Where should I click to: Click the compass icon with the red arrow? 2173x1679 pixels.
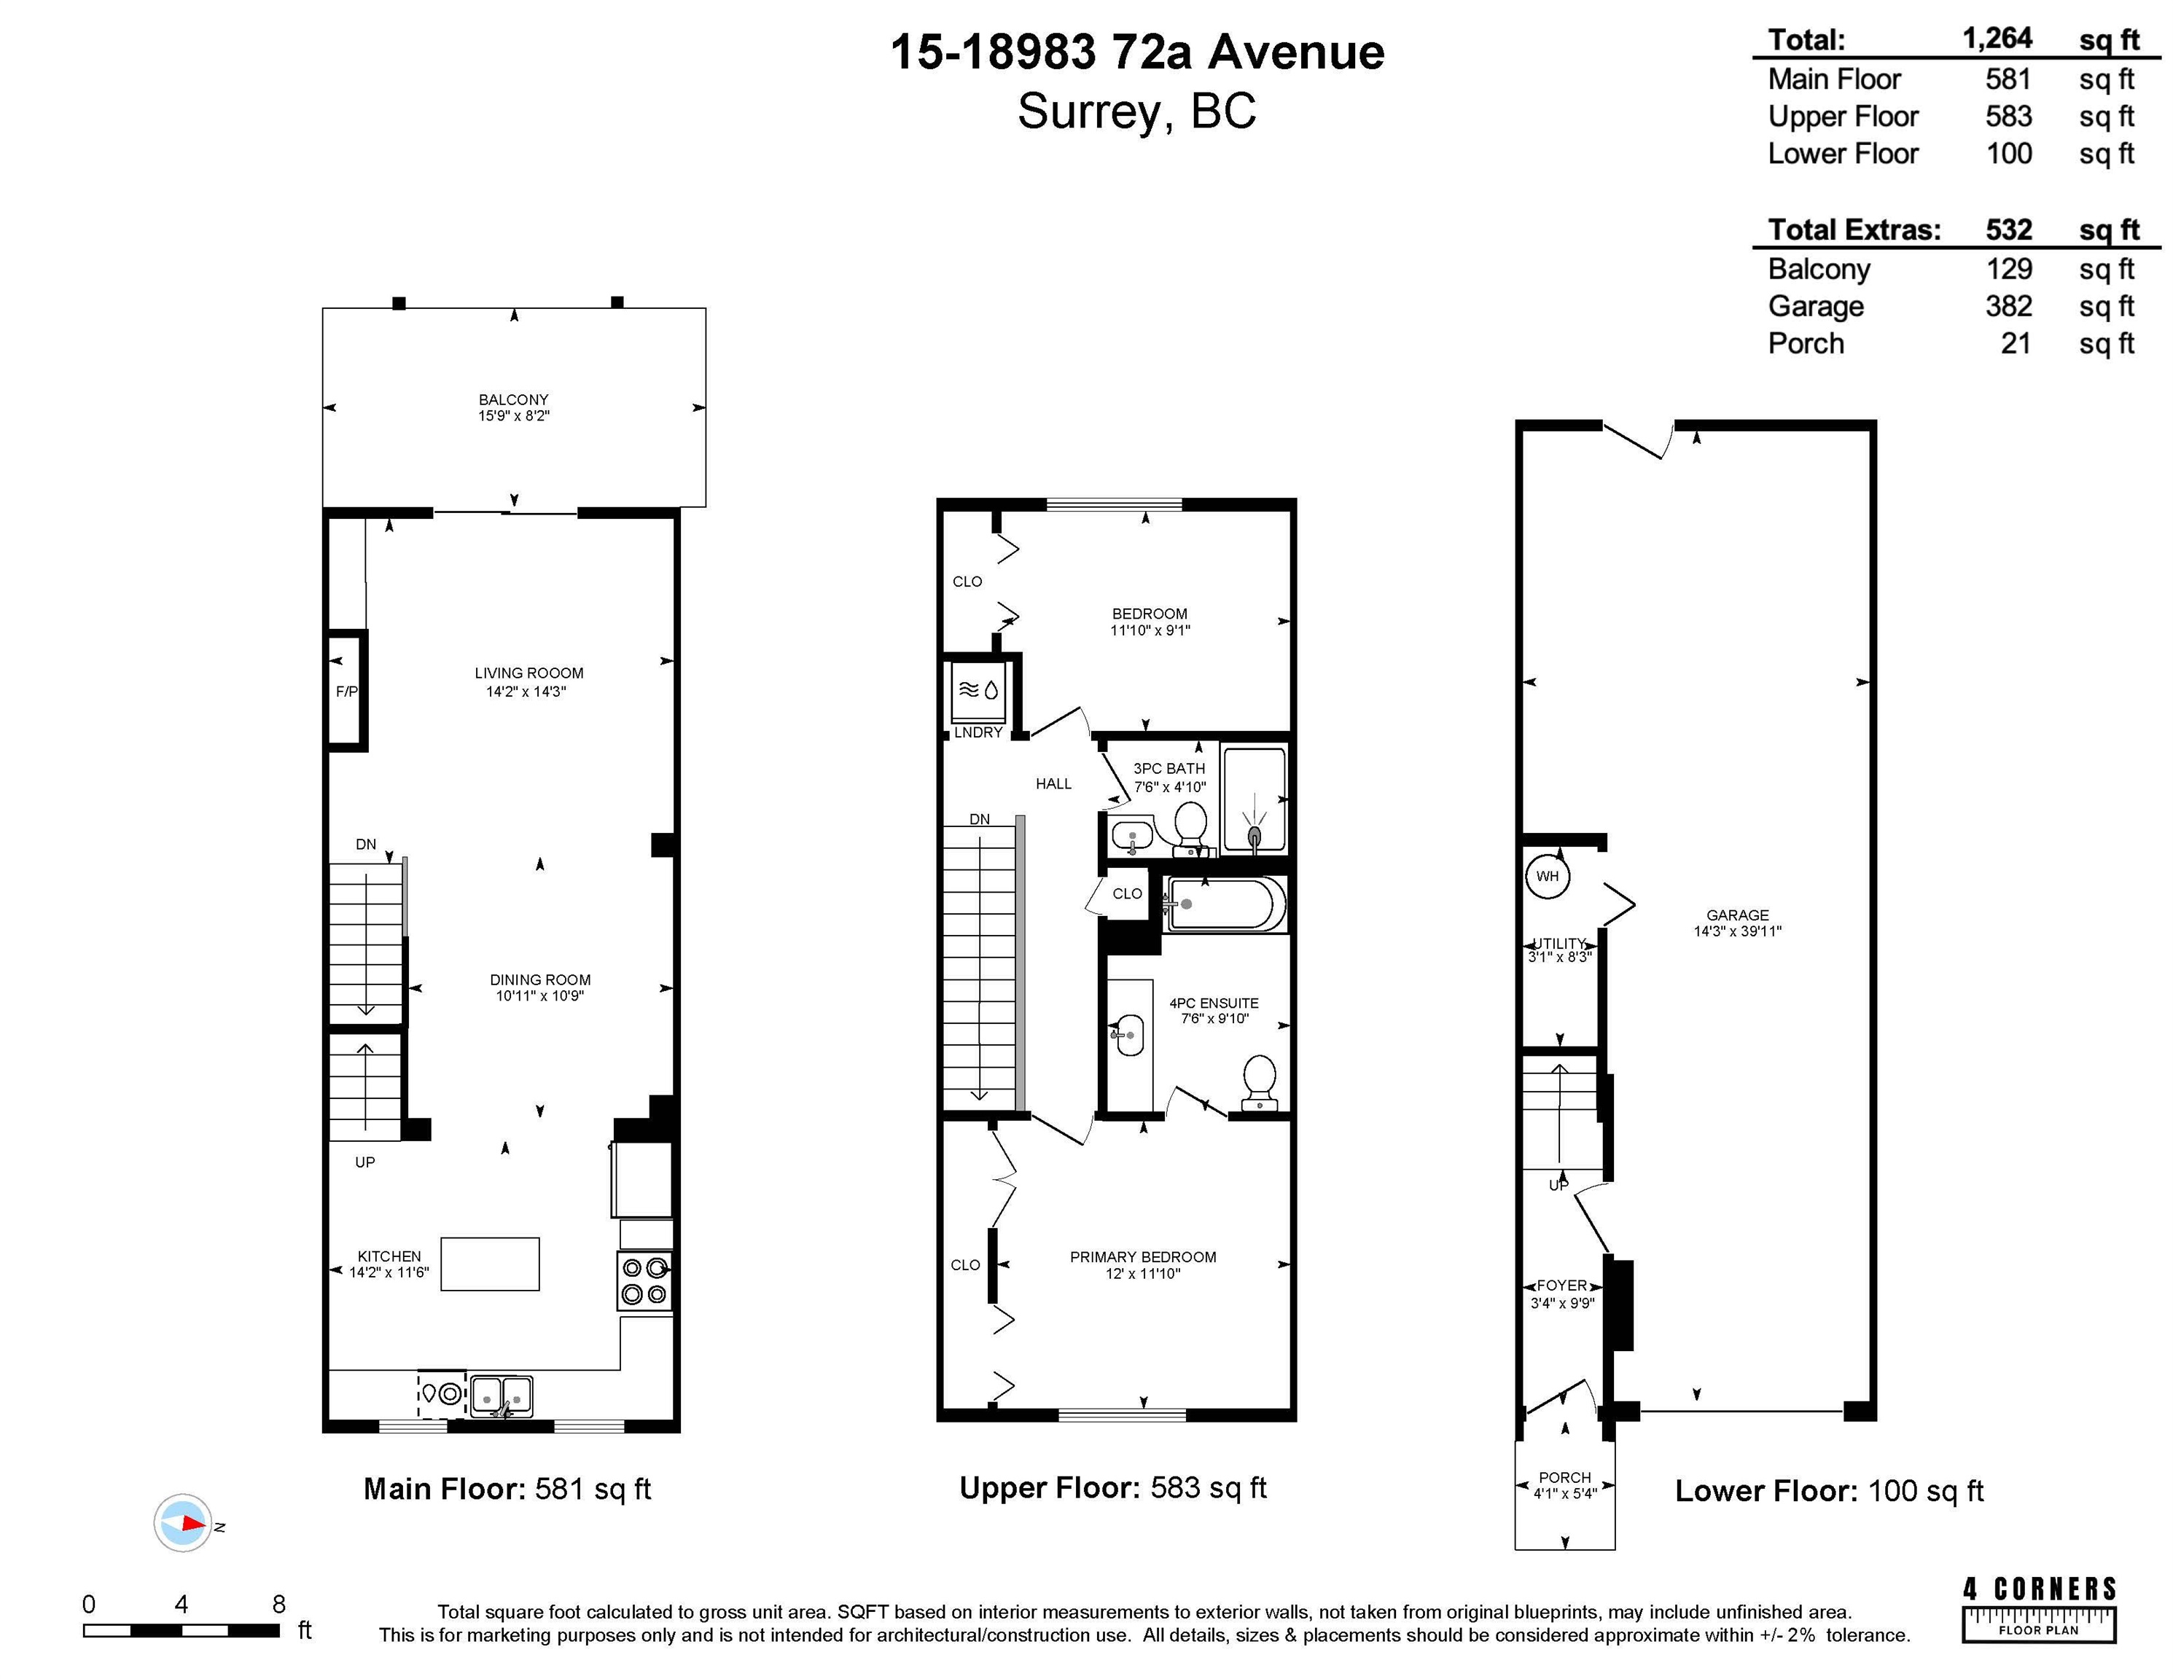(x=183, y=1523)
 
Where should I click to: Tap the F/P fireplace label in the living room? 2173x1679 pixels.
(x=346, y=692)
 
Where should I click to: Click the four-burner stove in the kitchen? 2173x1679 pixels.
(x=644, y=1281)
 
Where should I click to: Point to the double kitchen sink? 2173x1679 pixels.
(x=502, y=1396)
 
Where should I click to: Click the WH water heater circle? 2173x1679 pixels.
(x=1547, y=877)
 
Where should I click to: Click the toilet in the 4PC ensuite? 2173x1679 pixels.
(x=1260, y=1082)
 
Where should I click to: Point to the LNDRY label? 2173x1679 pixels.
(x=978, y=732)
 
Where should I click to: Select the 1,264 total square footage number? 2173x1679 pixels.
(x=1997, y=39)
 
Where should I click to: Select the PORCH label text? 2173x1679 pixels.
(x=1565, y=1477)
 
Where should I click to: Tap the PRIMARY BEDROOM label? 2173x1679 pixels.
(x=1143, y=1257)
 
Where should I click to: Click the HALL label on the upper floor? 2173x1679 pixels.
(x=1053, y=784)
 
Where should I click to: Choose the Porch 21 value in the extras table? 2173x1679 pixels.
(x=2016, y=344)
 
